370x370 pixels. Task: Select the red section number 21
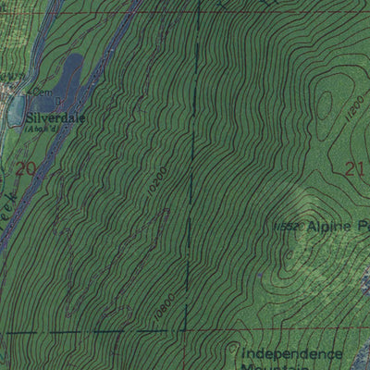(351, 168)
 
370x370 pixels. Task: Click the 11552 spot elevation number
(290, 227)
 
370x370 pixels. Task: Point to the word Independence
(291, 353)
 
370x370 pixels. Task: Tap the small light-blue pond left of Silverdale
(16, 111)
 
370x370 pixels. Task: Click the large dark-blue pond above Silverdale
(69, 71)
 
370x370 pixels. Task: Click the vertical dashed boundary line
(191, 185)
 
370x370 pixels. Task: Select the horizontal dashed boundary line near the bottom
(92, 332)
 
